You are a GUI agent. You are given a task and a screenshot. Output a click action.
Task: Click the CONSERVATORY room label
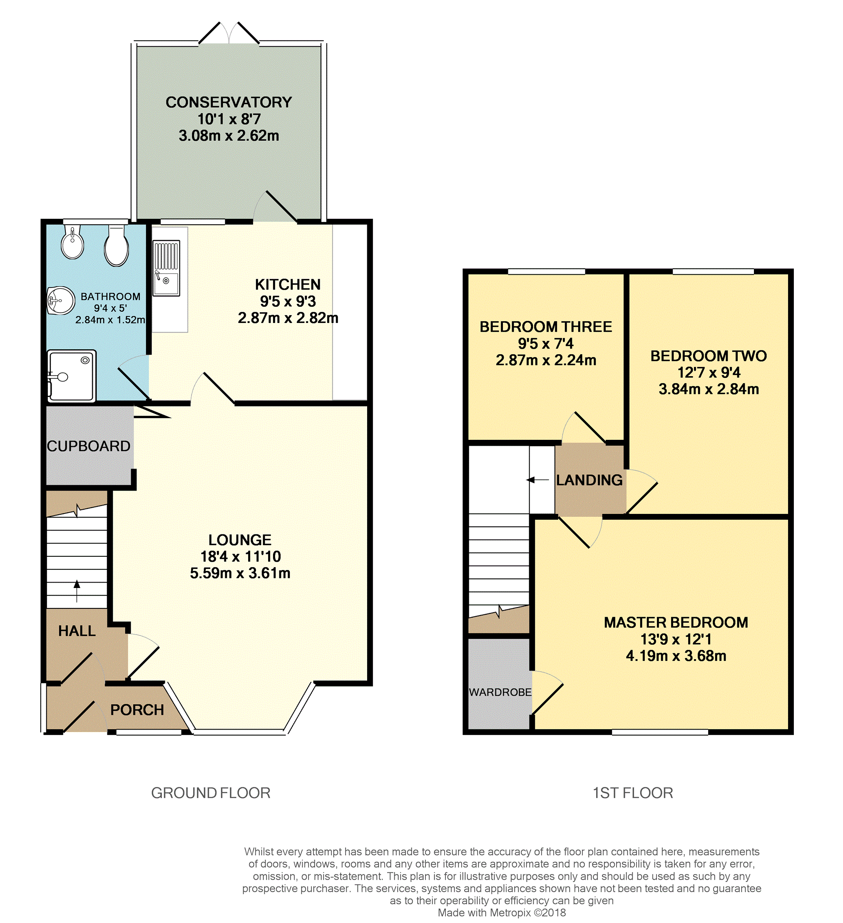tap(229, 102)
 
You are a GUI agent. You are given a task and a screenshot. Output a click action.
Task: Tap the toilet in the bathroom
tap(116, 246)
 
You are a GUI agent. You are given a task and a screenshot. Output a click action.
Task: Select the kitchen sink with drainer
tap(166, 268)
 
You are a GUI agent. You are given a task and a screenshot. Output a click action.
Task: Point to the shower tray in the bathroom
tap(72, 376)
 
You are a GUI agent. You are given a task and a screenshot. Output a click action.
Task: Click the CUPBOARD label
tap(89, 446)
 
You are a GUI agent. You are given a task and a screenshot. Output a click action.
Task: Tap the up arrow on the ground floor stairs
tap(77, 591)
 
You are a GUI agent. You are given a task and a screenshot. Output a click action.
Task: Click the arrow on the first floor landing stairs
tap(537, 480)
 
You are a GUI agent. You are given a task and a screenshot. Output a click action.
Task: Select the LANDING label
tap(589, 480)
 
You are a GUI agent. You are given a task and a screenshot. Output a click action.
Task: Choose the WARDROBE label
tap(500, 692)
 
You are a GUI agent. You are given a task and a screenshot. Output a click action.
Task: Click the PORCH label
tap(137, 710)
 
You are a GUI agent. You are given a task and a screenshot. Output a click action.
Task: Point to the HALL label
tap(77, 631)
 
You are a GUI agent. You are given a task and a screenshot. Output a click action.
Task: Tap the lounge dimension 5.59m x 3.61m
tap(240, 573)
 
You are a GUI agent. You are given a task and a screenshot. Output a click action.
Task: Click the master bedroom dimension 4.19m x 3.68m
tap(676, 656)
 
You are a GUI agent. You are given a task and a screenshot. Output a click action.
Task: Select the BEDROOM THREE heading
tap(546, 327)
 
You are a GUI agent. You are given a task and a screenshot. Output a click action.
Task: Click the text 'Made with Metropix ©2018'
tap(502, 913)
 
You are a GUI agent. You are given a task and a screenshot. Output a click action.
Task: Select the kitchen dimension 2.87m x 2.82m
tap(288, 318)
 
